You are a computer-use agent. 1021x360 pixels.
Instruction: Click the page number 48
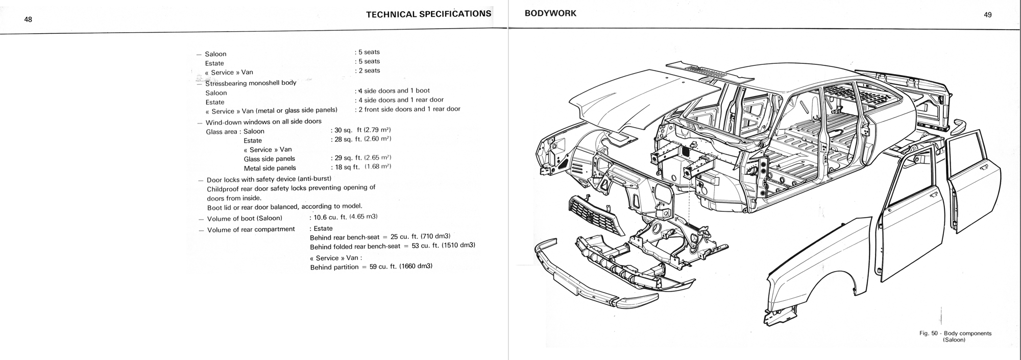(28, 19)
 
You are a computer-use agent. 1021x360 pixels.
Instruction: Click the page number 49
(987, 15)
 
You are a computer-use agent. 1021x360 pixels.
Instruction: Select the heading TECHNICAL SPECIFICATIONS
(428, 14)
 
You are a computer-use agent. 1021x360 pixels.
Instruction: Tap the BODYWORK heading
(550, 14)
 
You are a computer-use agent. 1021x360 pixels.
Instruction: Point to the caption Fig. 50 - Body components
(955, 333)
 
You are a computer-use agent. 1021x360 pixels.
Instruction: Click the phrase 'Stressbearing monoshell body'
(251, 83)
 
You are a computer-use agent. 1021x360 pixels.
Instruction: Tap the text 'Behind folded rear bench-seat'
(355, 246)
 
